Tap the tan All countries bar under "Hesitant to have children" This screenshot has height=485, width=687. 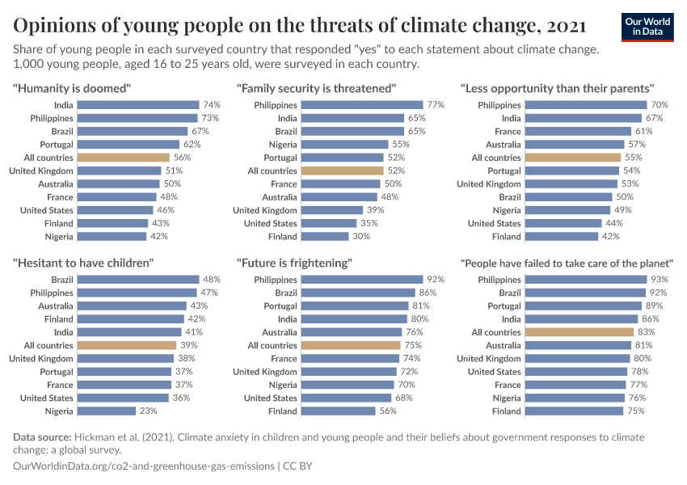tap(126, 345)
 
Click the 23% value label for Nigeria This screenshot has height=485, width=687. tap(148, 411)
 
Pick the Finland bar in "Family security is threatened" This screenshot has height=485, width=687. tap(324, 237)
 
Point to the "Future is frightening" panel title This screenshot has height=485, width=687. tap(294, 263)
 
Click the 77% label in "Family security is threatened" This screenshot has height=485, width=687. tap(436, 105)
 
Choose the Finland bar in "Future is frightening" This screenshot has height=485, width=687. tap(338, 411)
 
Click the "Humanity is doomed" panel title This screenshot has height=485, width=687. tap(72, 87)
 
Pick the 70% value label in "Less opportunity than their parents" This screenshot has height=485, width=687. tap(660, 105)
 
